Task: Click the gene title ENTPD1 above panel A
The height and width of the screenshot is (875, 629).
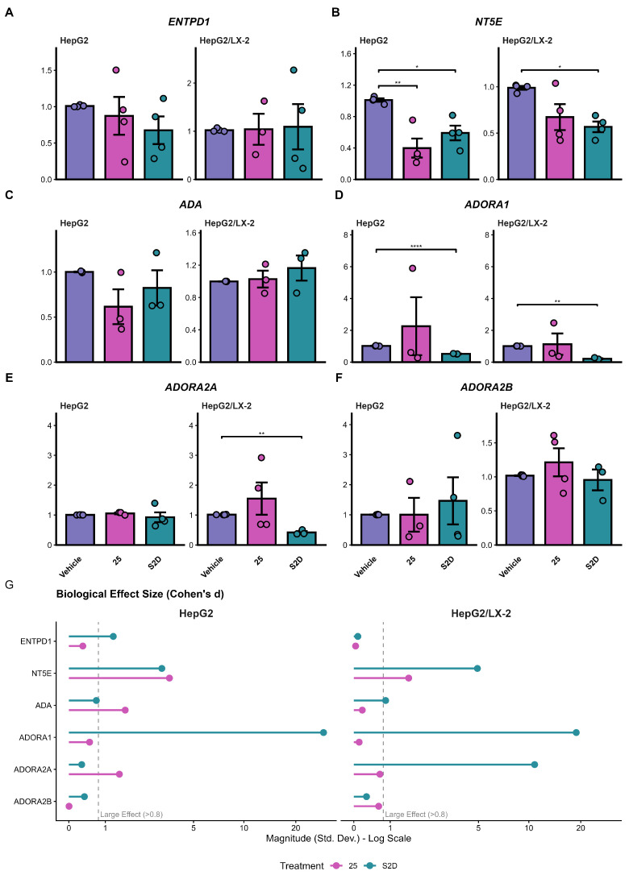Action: [189, 22]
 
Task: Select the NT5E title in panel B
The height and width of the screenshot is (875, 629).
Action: [488, 22]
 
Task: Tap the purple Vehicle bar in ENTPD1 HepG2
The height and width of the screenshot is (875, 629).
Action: [79, 143]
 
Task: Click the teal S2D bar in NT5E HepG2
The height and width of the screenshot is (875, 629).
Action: [455, 156]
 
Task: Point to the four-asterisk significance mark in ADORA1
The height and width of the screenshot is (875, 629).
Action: [416, 246]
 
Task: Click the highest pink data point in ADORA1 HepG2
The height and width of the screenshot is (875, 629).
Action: [412, 268]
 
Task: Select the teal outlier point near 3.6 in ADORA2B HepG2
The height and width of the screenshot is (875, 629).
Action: [457, 435]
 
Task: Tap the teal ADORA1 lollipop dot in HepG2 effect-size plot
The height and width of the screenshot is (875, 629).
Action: [323, 732]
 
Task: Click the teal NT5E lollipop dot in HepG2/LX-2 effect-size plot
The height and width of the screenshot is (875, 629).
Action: [477, 668]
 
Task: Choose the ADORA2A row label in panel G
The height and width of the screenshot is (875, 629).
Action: [33, 769]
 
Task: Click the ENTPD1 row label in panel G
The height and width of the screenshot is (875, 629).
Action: [35, 641]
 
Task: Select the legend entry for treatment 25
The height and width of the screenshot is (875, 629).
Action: [344, 865]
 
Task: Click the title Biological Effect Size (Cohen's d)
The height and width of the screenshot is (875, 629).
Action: [140, 594]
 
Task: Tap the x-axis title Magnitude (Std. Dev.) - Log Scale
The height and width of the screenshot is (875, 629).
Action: [339, 838]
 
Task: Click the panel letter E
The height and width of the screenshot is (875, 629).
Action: [8, 378]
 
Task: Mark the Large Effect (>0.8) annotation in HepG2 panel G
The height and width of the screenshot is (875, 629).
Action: [131, 815]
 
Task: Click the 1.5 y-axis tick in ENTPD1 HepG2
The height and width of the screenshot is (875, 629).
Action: [46, 70]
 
